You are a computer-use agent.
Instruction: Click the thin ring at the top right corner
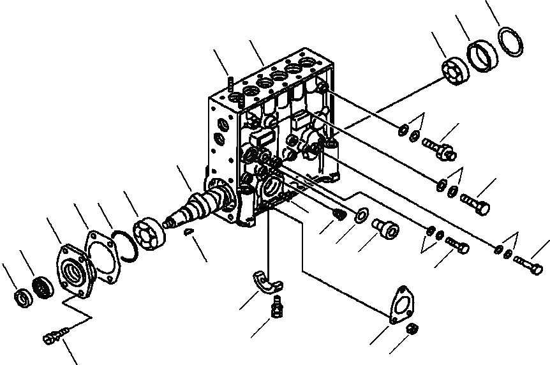pos(510,41)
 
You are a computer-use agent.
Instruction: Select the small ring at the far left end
pos(23,297)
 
